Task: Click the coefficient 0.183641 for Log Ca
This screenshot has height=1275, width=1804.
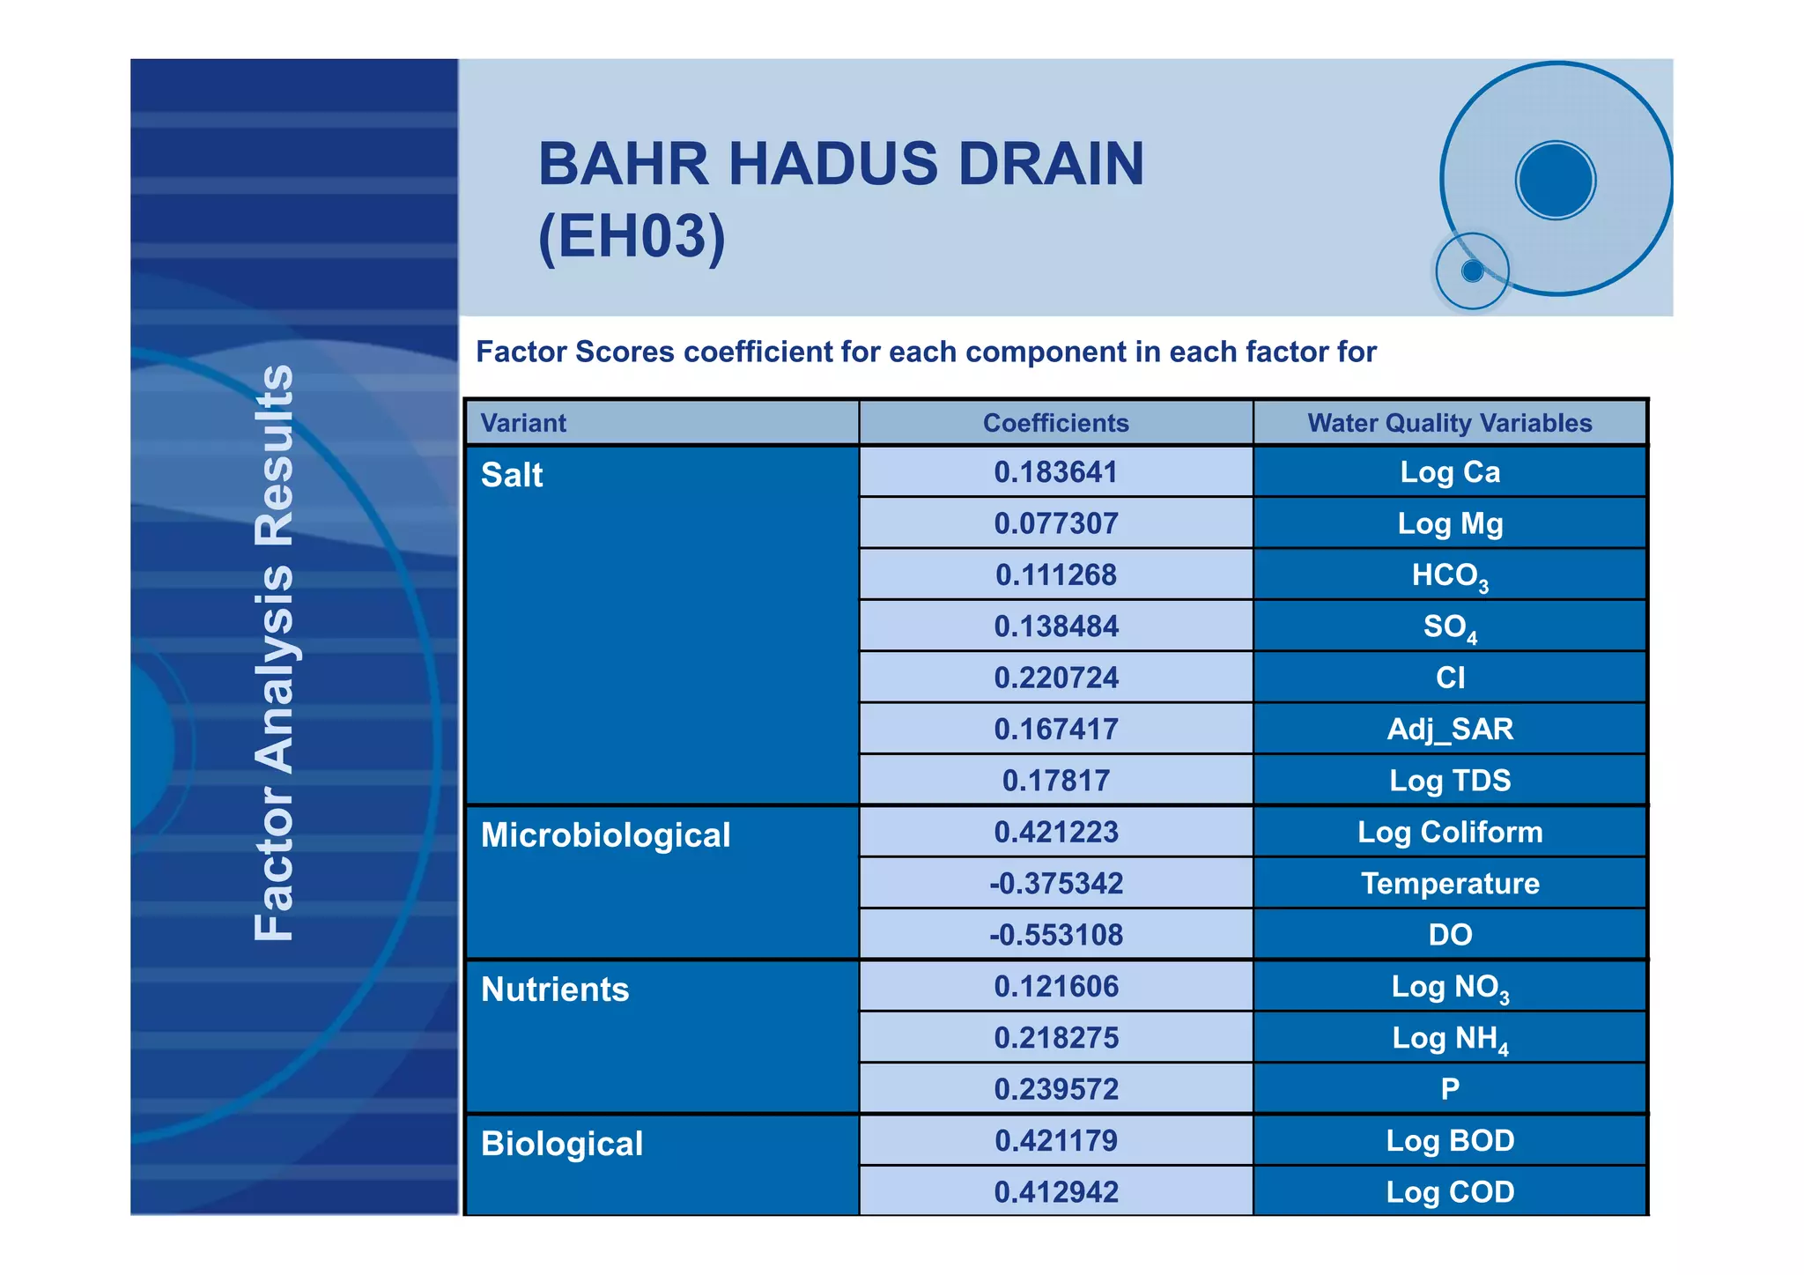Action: coord(1055,472)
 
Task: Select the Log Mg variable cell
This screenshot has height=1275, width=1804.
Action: coord(1450,523)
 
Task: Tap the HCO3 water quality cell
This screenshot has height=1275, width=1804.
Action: coord(1450,575)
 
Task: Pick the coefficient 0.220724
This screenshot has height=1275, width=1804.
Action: coord(1055,678)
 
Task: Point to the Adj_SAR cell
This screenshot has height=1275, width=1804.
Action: coord(1450,729)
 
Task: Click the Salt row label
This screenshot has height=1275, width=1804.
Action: coord(512,475)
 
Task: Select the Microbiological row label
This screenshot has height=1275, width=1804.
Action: coord(605,835)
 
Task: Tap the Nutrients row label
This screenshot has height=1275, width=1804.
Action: coord(555,990)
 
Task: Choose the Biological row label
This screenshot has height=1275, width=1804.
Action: coord(562,1144)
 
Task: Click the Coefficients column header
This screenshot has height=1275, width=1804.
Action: coord(1055,423)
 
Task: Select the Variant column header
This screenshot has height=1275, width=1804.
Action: coord(523,423)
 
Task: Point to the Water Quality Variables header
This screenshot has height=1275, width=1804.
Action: coord(1450,423)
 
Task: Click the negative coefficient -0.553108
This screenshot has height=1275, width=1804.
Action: coord(1055,935)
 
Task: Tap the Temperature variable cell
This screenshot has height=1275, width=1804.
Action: coord(1450,883)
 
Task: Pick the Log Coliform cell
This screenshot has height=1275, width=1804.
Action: coord(1450,832)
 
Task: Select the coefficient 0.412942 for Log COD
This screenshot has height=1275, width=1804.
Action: coord(1055,1192)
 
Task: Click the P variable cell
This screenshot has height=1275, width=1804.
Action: coord(1450,1089)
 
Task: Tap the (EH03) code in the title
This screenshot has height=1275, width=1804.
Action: coord(632,236)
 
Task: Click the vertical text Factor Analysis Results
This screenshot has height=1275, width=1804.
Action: coord(274,652)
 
